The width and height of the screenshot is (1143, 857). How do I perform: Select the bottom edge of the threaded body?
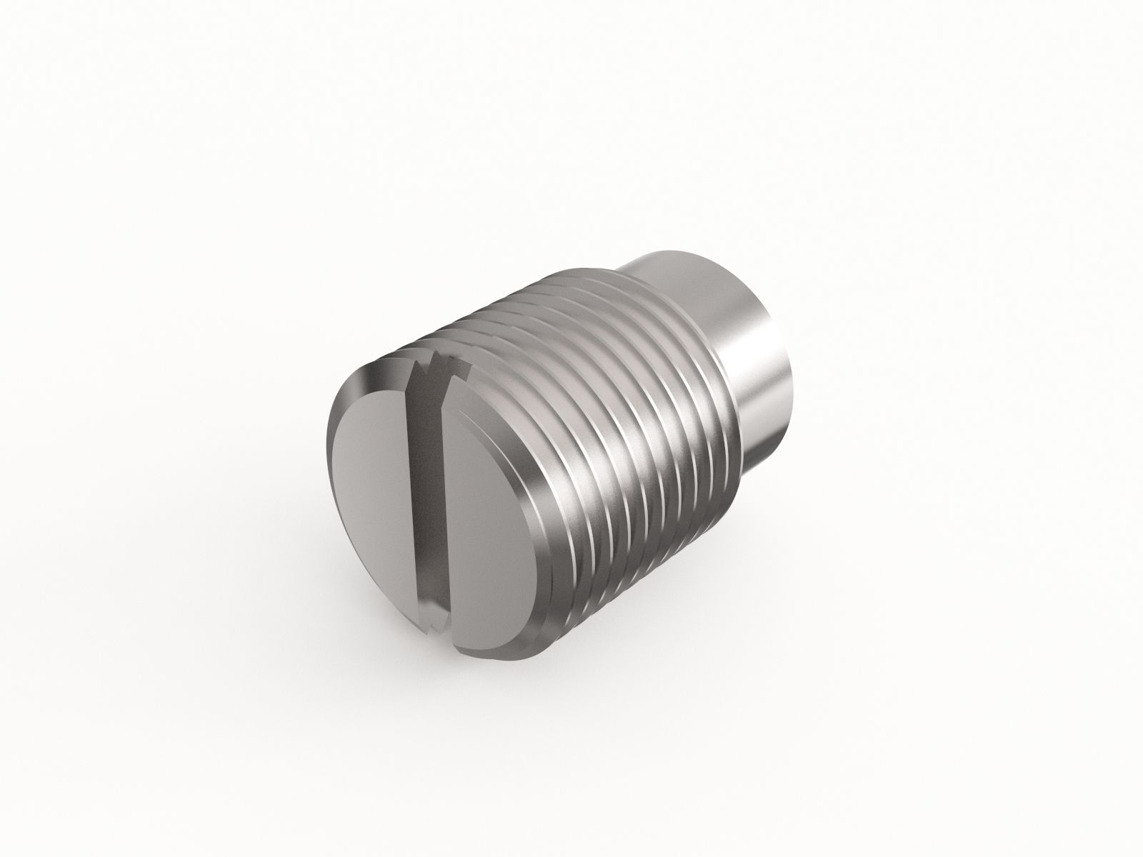pos(607,593)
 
